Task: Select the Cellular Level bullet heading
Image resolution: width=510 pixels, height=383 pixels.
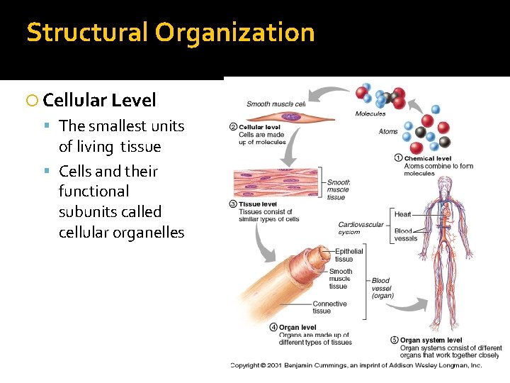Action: coord(99,100)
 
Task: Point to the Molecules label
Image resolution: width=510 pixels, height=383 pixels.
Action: coord(370,113)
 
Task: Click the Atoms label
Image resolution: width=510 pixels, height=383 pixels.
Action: coord(387,131)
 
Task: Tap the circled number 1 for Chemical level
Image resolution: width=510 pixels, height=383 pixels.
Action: coord(399,158)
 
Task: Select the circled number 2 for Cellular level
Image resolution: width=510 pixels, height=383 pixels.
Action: coord(233,127)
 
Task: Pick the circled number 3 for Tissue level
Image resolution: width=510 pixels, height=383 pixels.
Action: coord(233,204)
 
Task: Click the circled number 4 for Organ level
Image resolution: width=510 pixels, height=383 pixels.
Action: coord(273,327)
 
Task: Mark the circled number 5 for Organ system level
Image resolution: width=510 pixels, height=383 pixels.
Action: coord(395,340)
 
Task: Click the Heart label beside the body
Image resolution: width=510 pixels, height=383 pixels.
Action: coord(402,214)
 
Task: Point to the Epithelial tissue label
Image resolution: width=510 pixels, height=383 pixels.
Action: coord(348,255)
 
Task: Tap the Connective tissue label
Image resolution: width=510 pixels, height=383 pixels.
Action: coord(329,307)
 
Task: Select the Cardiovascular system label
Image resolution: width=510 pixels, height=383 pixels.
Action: coord(360,228)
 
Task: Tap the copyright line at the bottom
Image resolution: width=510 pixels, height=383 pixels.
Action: coord(356,365)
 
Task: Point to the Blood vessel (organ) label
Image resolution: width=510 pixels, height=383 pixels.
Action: coord(382,288)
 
